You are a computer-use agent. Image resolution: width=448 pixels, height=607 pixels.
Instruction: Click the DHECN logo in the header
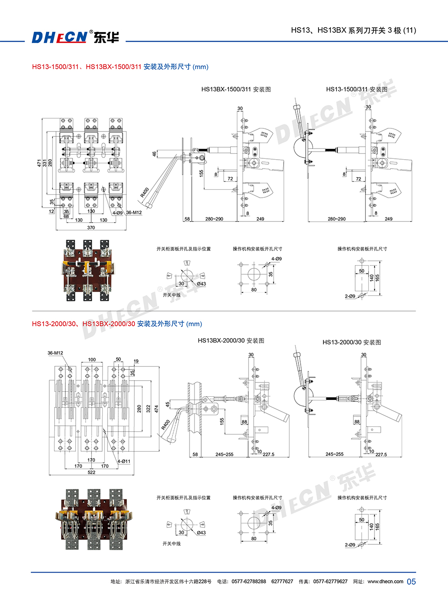point(75,37)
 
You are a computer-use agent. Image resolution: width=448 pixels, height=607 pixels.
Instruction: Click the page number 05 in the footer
point(411,582)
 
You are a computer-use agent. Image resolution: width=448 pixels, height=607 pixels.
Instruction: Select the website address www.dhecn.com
point(385,582)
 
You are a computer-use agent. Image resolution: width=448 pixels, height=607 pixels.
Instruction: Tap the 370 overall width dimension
point(91,228)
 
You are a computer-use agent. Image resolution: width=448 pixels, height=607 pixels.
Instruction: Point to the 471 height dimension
point(39,163)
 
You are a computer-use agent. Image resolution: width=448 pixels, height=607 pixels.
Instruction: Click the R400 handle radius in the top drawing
point(144,192)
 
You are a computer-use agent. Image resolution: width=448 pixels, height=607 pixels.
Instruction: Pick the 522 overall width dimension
point(91,472)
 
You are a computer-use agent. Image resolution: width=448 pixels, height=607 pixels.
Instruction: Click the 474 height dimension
point(156,409)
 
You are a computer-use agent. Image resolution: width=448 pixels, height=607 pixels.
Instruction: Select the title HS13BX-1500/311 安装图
point(236,89)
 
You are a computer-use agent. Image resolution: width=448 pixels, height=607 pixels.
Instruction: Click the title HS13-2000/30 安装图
point(352,342)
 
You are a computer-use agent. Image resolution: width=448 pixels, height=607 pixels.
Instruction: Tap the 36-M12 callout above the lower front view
point(55,353)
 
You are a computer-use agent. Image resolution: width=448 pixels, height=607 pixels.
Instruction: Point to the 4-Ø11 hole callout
point(124,461)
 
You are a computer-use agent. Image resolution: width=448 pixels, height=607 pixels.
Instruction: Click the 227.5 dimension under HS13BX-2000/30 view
point(268,454)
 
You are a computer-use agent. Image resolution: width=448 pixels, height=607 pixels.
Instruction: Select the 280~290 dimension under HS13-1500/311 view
point(336,219)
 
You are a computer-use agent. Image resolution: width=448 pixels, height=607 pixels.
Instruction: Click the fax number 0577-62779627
point(330,582)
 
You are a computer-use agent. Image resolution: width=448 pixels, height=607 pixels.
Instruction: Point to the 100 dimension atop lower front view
point(92,360)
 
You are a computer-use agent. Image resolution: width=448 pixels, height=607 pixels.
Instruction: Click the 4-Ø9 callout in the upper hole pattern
point(276,259)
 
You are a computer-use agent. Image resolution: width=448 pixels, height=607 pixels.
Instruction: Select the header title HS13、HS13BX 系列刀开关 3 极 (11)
point(353,30)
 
